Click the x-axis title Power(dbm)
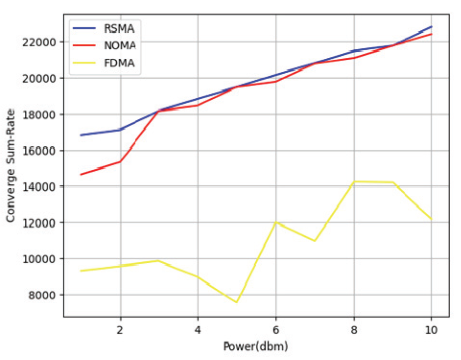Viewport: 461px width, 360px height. tap(256, 346)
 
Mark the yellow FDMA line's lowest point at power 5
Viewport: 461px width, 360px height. tap(237, 302)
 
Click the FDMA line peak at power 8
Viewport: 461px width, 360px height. tap(354, 181)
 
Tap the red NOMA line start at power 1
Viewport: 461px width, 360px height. tap(81, 174)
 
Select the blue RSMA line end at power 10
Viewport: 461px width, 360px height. tap(432, 26)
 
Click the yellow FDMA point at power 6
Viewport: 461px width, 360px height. tap(276, 222)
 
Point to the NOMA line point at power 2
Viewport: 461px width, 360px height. tap(120, 161)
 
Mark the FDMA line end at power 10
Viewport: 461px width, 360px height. tap(432, 219)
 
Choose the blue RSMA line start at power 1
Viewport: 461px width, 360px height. tap(81, 135)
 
